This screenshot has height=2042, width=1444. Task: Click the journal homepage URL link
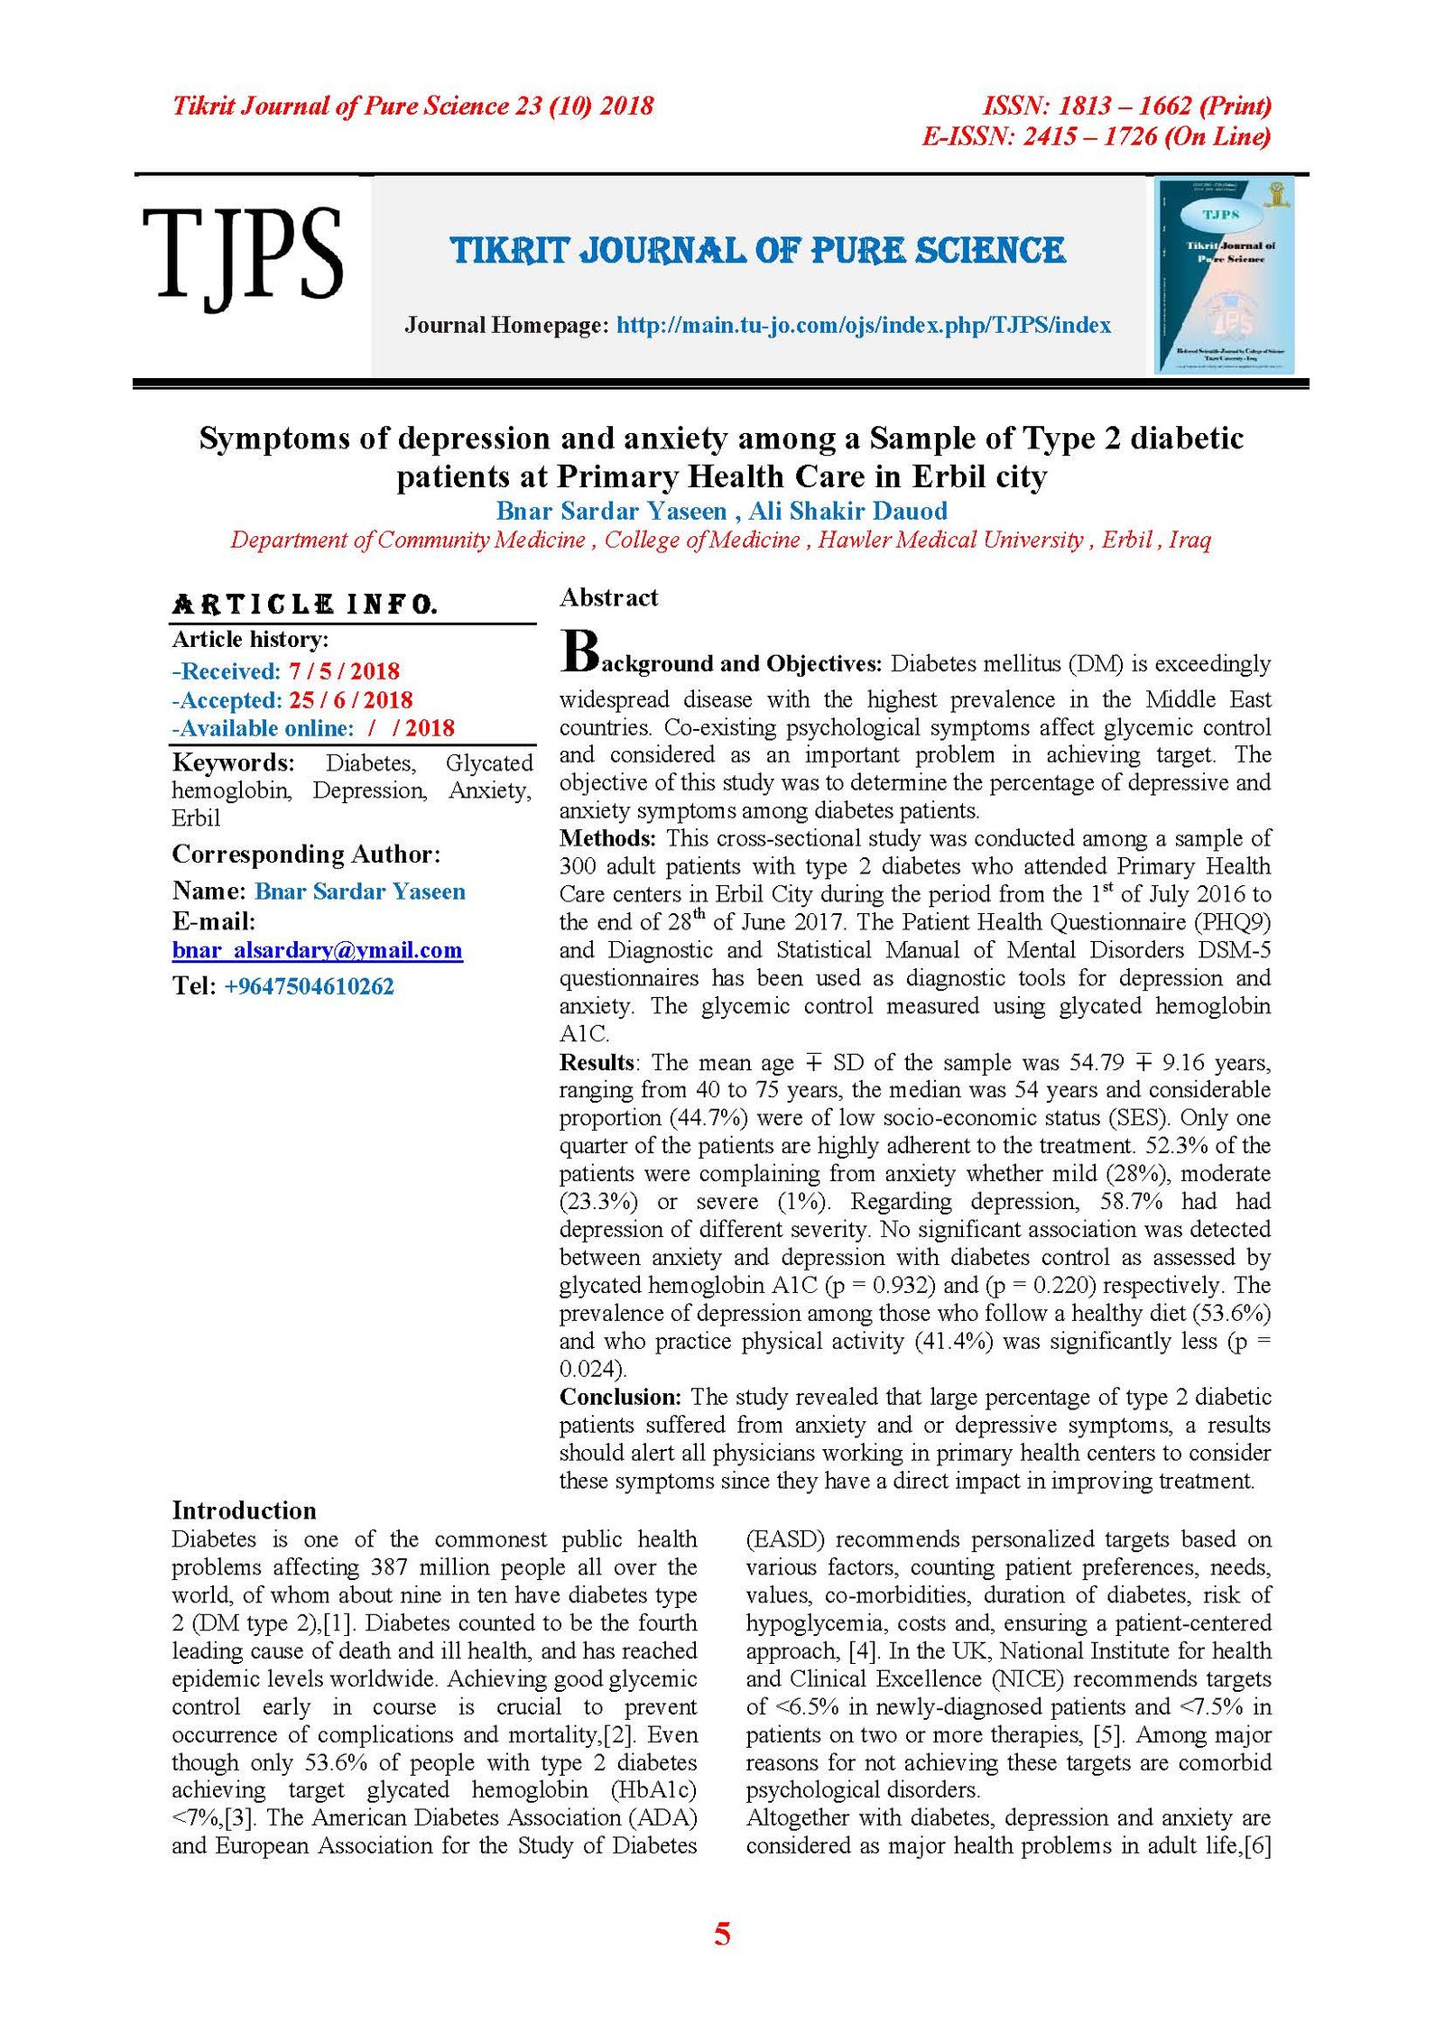(x=863, y=326)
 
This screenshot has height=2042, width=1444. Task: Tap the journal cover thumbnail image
(x=1225, y=276)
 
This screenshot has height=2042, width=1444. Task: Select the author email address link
(x=317, y=950)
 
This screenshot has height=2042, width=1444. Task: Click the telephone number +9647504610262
(x=309, y=986)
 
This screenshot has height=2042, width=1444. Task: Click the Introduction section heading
(x=244, y=1511)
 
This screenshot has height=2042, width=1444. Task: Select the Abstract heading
(x=608, y=597)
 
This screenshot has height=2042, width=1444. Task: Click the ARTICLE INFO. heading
(x=304, y=605)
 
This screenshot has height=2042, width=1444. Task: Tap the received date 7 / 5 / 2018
(x=344, y=671)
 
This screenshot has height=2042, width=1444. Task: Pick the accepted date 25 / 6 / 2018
(x=350, y=700)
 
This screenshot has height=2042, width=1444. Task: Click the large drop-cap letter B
(x=579, y=651)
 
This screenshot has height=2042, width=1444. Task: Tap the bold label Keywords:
(x=233, y=763)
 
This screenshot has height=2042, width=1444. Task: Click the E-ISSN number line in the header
(x=1095, y=137)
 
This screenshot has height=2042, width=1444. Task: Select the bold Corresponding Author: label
(x=306, y=855)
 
